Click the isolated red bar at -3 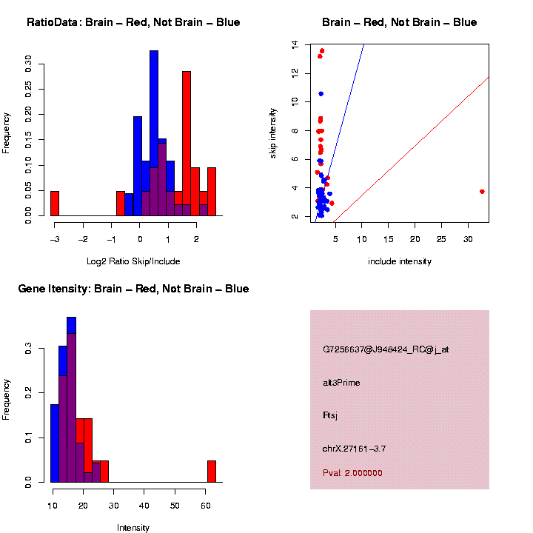pos(55,204)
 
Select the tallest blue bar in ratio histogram pos(154,133)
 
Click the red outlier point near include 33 pos(482,191)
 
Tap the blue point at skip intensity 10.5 pos(321,94)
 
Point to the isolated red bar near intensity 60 pos(212,472)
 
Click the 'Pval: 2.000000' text pos(352,473)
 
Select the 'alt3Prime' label pos(341,383)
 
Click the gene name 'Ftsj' pos(331,415)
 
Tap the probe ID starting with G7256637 pos(385,349)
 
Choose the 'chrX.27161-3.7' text pos(354,449)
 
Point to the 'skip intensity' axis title pos(273,132)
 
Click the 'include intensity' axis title pos(399,261)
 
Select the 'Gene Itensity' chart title pos(133,289)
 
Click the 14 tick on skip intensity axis pos(295,45)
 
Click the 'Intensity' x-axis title pos(133,528)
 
